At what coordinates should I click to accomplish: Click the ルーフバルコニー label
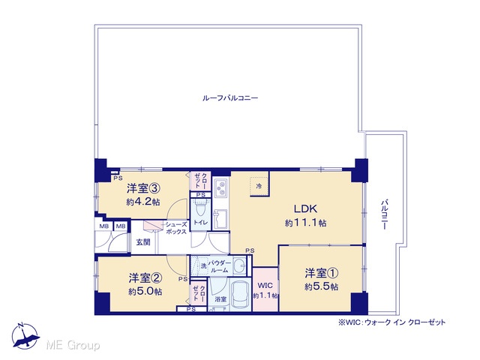click(x=230, y=98)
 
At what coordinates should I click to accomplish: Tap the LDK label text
click(x=305, y=208)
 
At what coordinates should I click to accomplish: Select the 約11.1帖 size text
click(x=305, y=223)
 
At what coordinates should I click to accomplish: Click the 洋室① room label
click(x=321, y=273)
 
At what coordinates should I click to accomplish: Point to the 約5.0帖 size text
click(x=145, y=292)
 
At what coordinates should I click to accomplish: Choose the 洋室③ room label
click(x=143, y=188)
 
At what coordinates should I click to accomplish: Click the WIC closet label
click(x=265, y=286)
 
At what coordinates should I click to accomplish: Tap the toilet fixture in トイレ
click(x=200, y=208)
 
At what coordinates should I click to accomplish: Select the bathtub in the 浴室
click(x=240, y=295)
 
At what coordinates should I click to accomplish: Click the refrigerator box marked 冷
click(x=259, y=186)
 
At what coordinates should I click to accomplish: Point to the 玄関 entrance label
click(x=143, y=242)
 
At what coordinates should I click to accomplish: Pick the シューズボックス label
click(x=176, y=228)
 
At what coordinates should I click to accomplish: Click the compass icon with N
click(x=25, y=336)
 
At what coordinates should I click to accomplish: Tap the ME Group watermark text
click(x=73, y=345)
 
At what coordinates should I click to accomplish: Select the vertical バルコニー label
click(x=385, y=214)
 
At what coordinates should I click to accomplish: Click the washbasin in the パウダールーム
click(x=239, y=265)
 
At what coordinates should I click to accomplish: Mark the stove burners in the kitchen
click(x=220, y=187)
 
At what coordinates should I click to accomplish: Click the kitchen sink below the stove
click(x=220, y=219)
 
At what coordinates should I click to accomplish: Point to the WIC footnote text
click(x=391, y=322)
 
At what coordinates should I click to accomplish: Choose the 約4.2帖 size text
click(x=143, y=202)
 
